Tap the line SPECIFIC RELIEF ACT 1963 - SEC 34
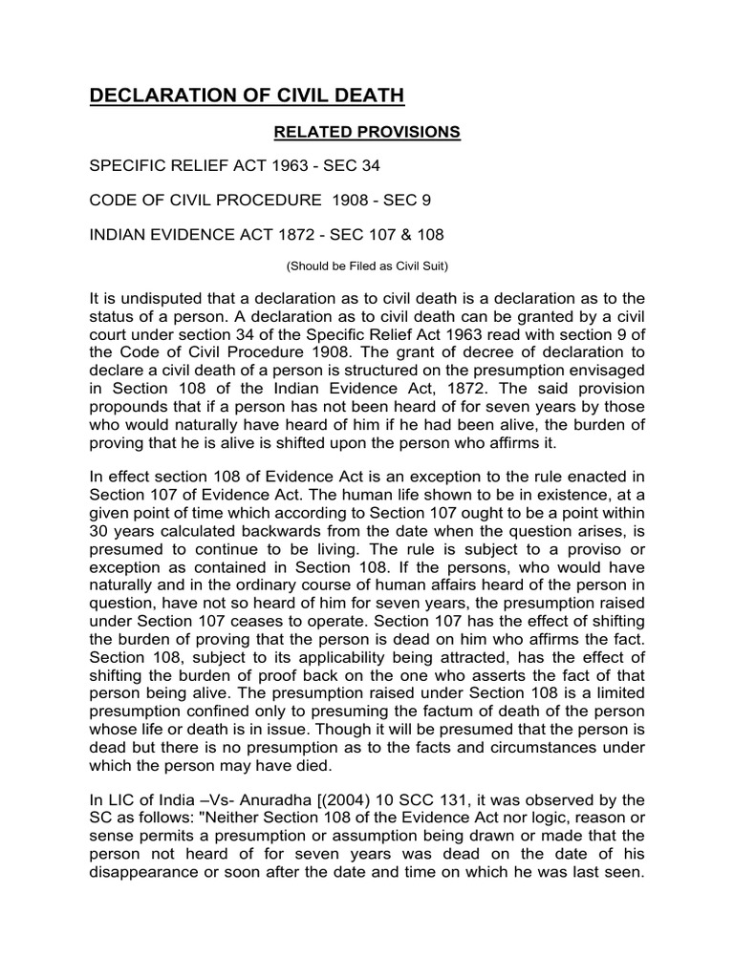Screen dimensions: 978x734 tap(234, 166)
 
